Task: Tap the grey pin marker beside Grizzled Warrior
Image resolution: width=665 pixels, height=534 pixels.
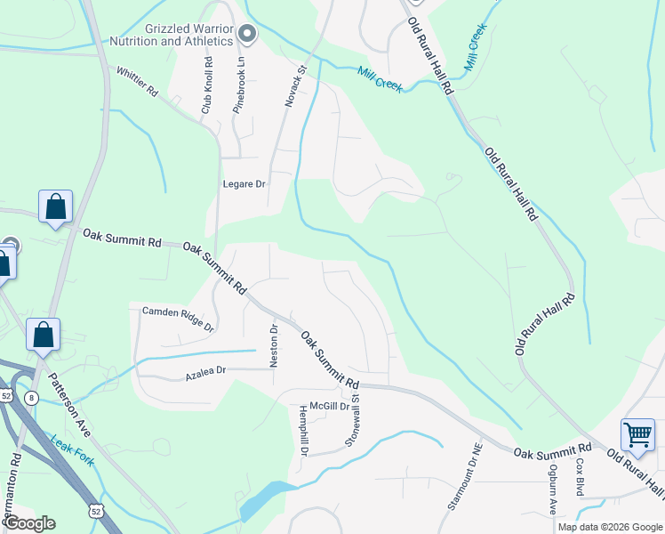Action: point(248,35)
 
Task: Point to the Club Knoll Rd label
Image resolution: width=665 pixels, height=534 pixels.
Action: point(207,85)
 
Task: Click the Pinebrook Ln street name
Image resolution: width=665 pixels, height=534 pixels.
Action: point(239,85)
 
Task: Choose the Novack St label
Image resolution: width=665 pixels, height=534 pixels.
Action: point(295,85)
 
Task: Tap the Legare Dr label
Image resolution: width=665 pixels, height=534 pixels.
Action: point(244,184)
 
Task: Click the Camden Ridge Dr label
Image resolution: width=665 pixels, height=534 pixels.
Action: point(179,319)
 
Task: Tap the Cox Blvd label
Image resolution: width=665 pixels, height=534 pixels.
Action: point(579,481)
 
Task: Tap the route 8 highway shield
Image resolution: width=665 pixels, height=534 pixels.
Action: point(32,397)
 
